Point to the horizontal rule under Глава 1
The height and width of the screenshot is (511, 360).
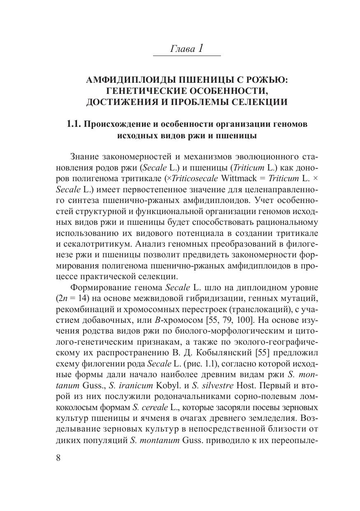187,56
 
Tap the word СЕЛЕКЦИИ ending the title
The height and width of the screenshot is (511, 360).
256,102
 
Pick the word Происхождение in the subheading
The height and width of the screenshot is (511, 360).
116,124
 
